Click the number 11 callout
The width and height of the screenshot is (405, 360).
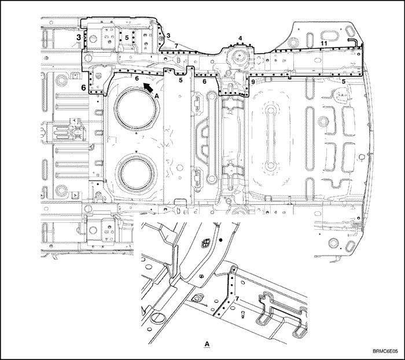[x=324, y=43]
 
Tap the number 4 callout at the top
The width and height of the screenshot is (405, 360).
[x=240, y=38]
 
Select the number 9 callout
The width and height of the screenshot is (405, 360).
[x=253, y=82]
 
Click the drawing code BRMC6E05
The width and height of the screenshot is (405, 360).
[x=385, y=351]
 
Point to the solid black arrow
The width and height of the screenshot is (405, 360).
[x=148, y=87]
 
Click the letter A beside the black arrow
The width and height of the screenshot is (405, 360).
[x=156, y=95]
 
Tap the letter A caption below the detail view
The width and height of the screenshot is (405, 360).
[x=207, y=344]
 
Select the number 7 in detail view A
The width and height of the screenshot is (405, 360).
[x=237, y=299]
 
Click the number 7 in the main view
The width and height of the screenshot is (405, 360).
[x=176, y=46]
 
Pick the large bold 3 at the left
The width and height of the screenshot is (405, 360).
[x=79, y=38]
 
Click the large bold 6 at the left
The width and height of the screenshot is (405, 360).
[x=83, y=87]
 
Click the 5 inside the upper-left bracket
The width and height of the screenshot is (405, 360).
[x=127, y=38]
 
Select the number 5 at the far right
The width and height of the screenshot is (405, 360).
[x=343, y=82]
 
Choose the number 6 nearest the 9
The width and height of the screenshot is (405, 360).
[x=204, y=82]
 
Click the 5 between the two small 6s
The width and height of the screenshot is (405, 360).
[x=181, y=80]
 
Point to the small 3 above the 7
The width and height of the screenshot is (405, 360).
[x=168, y=35]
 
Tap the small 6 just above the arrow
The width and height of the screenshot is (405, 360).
[x=137, y=78]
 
